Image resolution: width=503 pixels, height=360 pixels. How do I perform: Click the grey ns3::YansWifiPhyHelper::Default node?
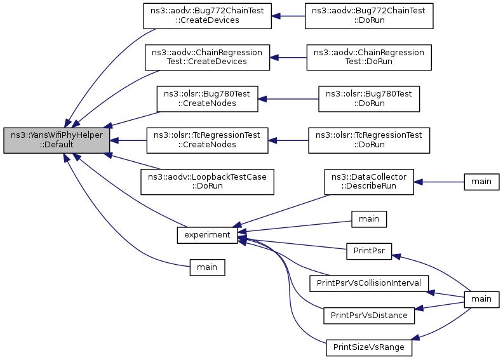[57, 140]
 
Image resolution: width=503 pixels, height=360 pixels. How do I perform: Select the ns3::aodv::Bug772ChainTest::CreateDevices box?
[207, 16]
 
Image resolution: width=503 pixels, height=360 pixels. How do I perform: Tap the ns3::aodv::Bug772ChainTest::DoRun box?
[369, 16]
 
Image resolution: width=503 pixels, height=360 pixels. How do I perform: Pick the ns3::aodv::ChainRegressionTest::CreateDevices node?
[207, 57]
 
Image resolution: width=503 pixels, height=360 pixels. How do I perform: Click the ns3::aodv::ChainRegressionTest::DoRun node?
[369, 57]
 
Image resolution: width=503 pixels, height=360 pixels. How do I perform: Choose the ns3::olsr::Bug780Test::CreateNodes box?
[207, 99]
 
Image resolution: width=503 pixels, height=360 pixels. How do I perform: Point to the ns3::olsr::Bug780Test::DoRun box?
[369, 99]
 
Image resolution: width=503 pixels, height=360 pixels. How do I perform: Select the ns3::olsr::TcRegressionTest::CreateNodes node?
[207, 140]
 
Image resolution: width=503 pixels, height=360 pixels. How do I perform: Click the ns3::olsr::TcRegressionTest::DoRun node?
[369, 140]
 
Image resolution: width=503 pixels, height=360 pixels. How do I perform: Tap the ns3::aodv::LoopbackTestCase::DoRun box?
[207, 182]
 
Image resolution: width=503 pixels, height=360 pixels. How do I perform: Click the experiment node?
[207, 235]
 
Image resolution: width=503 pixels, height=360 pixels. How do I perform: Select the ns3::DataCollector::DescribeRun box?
[369, 182]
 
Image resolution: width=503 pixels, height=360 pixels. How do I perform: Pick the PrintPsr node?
[369, 251]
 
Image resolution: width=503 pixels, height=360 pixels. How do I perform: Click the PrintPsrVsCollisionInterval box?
[369, 283]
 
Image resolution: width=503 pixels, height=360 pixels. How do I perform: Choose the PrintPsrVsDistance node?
[369, 315]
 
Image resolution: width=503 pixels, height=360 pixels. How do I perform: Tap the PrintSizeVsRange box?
[369, 347]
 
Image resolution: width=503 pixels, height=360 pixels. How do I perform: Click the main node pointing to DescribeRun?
[481, 182]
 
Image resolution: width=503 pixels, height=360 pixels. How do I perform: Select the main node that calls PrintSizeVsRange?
[481, 299]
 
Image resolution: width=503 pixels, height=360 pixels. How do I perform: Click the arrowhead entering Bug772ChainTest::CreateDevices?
[276, 16]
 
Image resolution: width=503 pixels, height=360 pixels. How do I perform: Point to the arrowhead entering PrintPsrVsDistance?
[419, 309]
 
